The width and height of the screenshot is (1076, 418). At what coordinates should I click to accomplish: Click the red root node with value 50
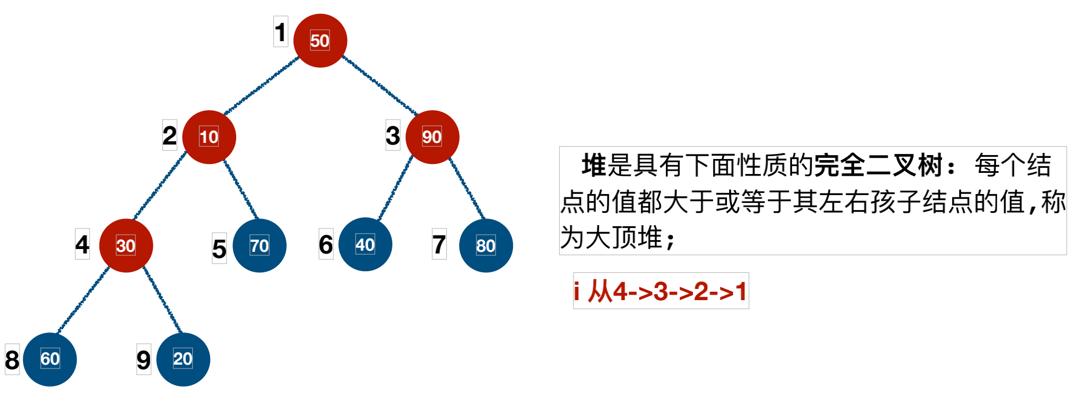tap(320, 41)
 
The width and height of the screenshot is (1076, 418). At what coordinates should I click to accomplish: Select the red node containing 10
tap(209, 137)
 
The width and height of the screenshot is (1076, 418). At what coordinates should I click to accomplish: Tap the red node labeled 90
tap(432, 137)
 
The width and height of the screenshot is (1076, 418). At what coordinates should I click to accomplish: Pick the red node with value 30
tap(126, 245)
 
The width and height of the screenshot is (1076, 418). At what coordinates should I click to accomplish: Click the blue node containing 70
tap(260, 245)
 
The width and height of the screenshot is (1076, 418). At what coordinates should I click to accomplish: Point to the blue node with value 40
tap(365, 245)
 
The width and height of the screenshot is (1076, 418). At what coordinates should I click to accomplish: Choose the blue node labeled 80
tap(486, 245)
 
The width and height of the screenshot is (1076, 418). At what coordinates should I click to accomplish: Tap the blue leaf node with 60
tap(49, 359)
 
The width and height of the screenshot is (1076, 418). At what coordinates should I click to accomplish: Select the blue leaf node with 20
tap(183, 359)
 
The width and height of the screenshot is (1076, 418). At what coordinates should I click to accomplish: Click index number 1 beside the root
tap(281, 32)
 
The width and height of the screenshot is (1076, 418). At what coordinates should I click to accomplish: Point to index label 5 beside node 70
tap(219, 248)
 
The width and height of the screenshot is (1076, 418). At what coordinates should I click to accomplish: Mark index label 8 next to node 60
tap(12, 360)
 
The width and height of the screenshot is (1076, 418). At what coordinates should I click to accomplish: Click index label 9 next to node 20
tap(143, 360)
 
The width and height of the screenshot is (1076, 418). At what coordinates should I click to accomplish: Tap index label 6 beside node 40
tap(326, 244)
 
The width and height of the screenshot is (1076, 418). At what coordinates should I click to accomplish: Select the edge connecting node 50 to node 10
tap(261, 86)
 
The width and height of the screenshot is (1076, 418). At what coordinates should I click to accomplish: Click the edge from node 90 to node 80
tap(467, 189)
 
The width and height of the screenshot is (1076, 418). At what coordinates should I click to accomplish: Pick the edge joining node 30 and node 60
tap(83, 300)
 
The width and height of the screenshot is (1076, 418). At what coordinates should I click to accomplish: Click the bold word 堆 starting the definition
tap(594, 165)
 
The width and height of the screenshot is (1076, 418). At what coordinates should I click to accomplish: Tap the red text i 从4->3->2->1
tap(661, 291)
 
